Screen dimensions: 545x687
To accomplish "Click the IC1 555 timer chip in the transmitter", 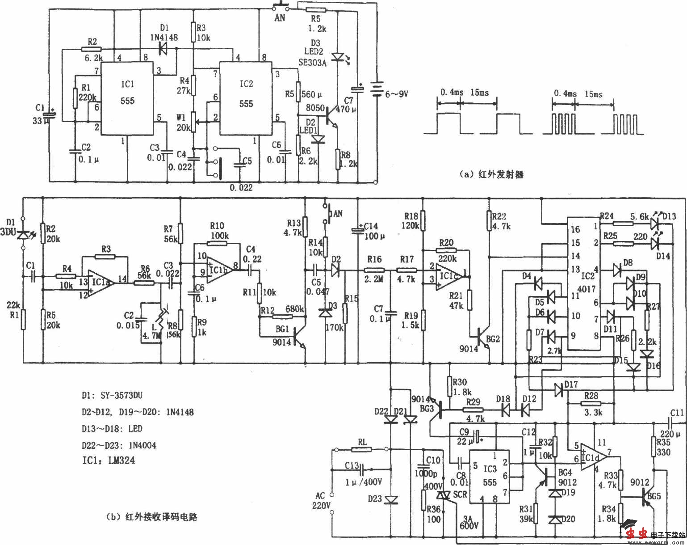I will pyautogui.click(x=127, y=98).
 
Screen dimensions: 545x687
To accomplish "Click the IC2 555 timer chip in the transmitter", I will pyautogui.click(x=246, y=98).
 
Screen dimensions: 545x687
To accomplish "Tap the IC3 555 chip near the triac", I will pyautogui.click(x=490, y=476).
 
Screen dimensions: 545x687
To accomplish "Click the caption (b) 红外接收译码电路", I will pyautogui.click(x=152, y=517).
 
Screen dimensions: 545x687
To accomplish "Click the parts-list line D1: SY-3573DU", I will pyautogui.click(x=112, y=395).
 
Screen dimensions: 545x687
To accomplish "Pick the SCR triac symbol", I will pyautogui.click(x=444, y=495).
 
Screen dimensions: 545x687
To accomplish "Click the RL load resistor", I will pyautogui.click(x=362, y=449).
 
